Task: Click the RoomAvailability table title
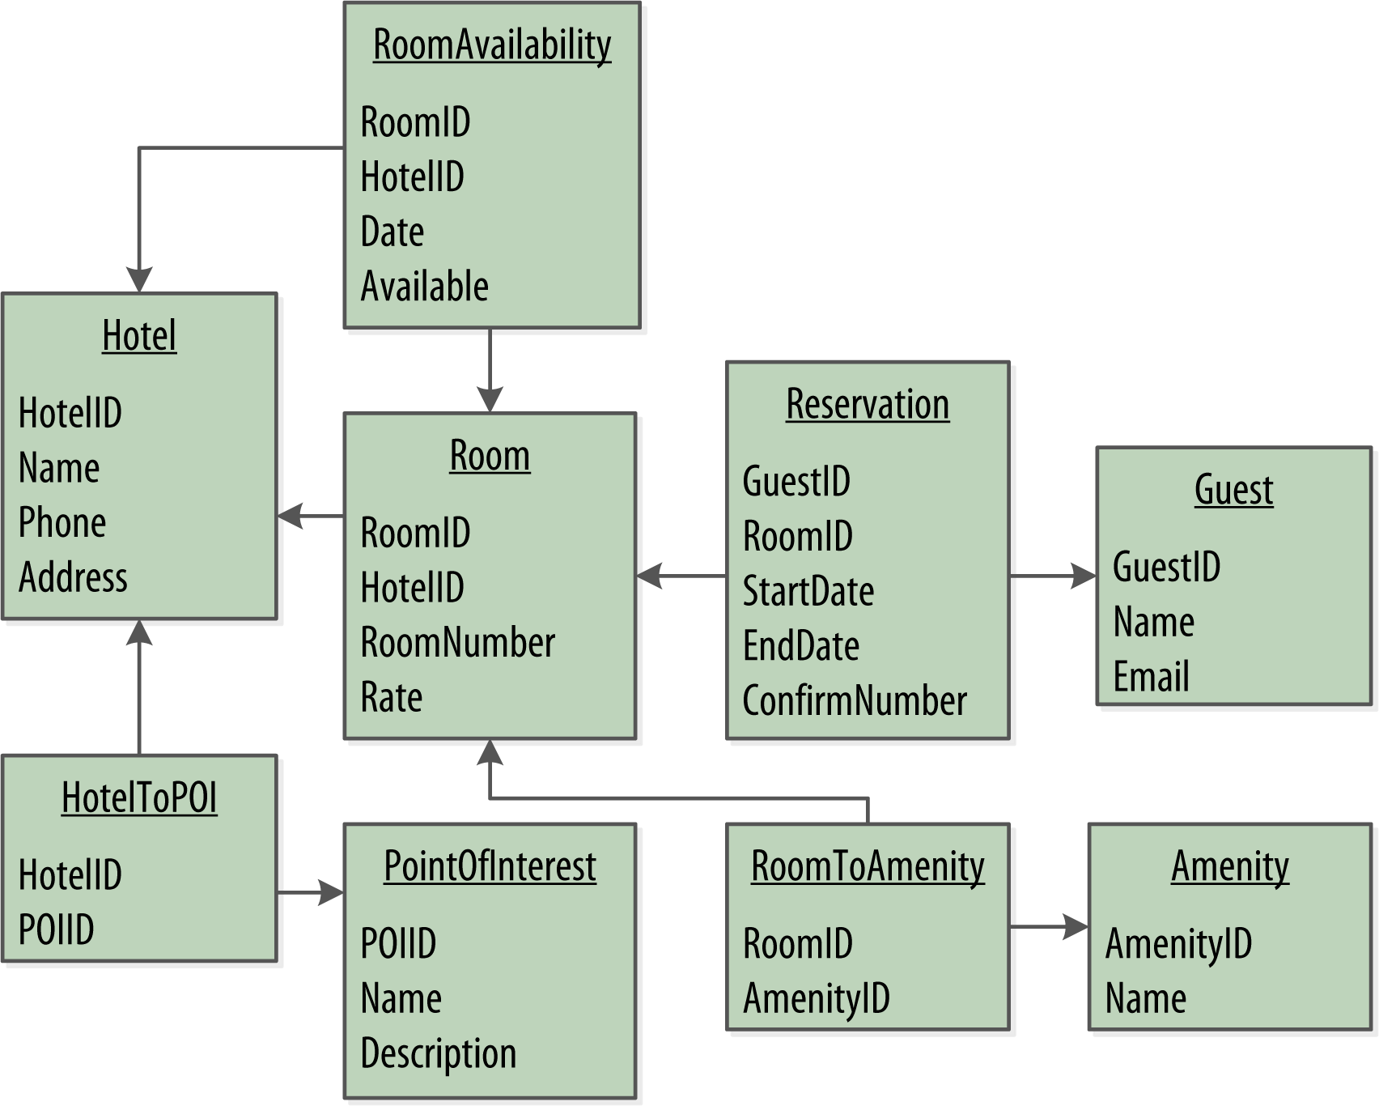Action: (491, 45)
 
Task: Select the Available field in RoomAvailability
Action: (424, 287)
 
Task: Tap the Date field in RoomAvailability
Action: (392, 232)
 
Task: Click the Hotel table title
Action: (139, 336)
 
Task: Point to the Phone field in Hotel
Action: (62, 523)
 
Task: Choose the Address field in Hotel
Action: (73, 578)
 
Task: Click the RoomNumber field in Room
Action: (457, 643)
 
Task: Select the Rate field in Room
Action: (391, 698)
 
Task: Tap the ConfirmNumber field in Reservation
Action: (854, 701)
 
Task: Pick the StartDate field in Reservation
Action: (808, 592)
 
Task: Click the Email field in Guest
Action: (1151, 677)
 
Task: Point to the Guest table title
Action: (1233, 491)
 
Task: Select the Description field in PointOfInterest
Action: (438, 1054)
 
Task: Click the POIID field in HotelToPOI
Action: (56, 929)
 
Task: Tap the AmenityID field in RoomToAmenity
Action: (816, 999)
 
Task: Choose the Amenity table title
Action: (1229, 867)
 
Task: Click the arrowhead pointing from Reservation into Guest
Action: (1084, 576)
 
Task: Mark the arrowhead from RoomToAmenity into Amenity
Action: (1076, 927)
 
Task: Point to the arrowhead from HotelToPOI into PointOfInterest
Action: (332, 893)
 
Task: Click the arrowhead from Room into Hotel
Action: (290, 516)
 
